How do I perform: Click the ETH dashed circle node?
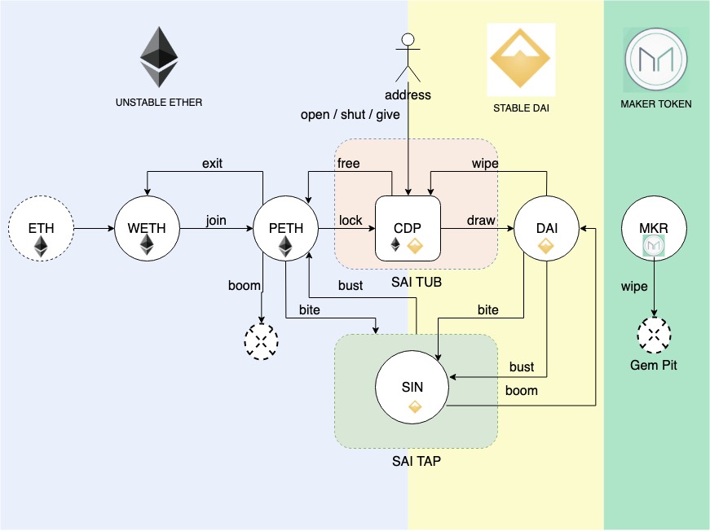tap(42, 229)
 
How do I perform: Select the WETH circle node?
tap(148, 229)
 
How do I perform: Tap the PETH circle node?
tap(285, 229)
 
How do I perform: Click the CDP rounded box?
tap(408, 229)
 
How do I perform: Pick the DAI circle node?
tap(546, 229)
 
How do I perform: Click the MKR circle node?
tap(654, 229)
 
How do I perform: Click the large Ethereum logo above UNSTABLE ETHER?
tap(159, 57)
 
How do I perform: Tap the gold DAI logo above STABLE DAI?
tap(521, 57)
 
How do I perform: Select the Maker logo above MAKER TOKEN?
tap(655, 59)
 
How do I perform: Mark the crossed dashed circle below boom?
tap(262, 341)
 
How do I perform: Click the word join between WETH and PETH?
tap(215, 221)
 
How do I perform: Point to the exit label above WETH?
tap(212, 163)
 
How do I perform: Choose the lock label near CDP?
tap(351, 221)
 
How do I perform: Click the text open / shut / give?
tap(351, 115)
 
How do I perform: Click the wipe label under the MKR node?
tap(634, 287)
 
